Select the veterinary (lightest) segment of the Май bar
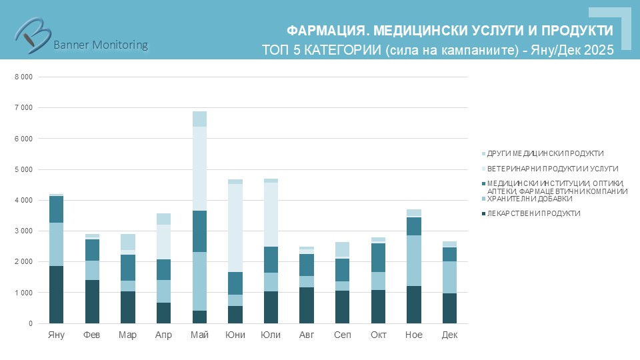pyautogui.click(x=199, y=169)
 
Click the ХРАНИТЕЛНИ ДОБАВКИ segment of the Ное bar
pyautogui.click(x=413, y=261)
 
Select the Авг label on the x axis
pyautogui.click(x=307, y=335)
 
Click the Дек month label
pyautogui.click(x=449, y=335)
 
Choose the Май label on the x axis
pyautogui.click(x=199, y=335)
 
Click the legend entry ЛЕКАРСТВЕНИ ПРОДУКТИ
pyautogui.click(x=533, y=213)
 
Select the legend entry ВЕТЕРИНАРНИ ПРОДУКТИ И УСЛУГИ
pyautogui.click(x=553, y=169)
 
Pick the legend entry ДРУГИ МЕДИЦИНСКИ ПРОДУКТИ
pyautogui.click(x=545, y=153)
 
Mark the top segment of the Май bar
pyautogui.click(x=199, y=119)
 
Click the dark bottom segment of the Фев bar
pyautogui.click(x=92, y=301)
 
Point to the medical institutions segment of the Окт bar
pyautogui.click(x=378, y=257)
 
